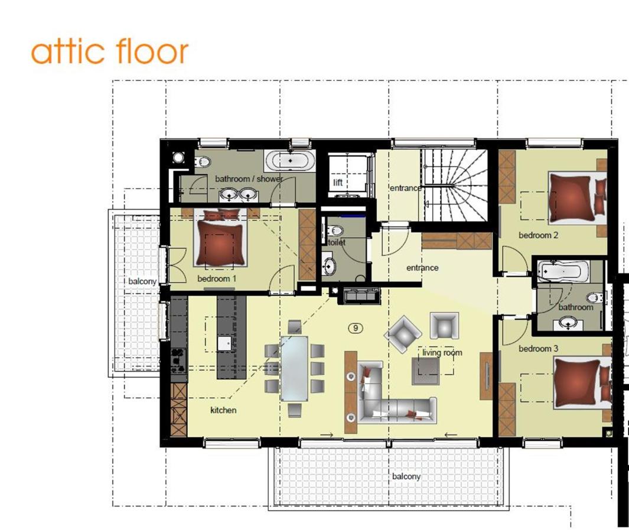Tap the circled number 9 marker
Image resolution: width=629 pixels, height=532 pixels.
(x=356, y=329)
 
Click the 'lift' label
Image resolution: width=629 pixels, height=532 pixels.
(x=338, y=183)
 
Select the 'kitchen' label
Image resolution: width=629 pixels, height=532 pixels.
(x=223, y=410)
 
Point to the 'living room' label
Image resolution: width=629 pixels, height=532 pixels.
(x=442, y=353)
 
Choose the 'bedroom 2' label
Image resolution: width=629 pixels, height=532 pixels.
(x=538, y=235)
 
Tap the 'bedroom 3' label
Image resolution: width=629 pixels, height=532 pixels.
(x=538, y=349)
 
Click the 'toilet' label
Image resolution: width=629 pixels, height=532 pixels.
(x=337, y=242)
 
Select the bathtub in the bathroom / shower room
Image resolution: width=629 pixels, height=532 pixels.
(x=289, y=161)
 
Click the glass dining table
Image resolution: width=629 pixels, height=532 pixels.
(x=295, y=369)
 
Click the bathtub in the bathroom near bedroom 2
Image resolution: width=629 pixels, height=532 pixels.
(x=563, y=271)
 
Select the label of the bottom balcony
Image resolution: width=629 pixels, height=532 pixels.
(x=406, y=476)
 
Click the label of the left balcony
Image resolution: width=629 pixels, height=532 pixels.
(x=142, y=281)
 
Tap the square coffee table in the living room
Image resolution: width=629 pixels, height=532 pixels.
(x=426, y=370)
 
